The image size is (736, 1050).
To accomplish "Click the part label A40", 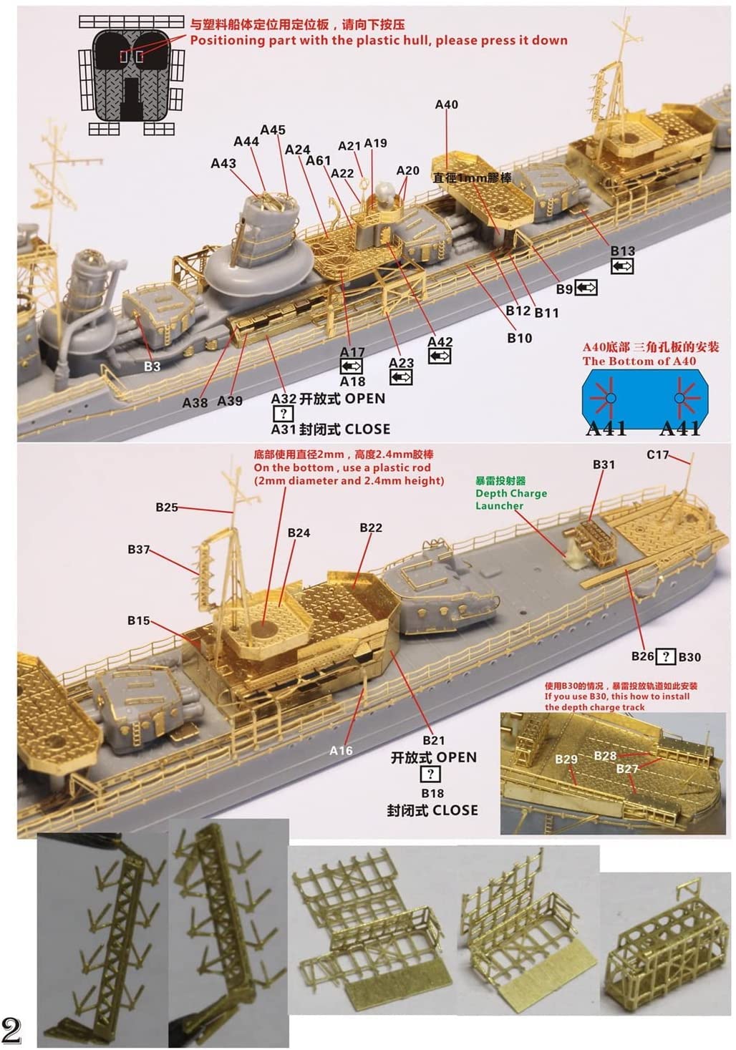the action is pos(446,104).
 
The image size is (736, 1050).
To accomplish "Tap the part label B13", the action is pos(622,251).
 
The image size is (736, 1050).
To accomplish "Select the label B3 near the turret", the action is pos(152,366).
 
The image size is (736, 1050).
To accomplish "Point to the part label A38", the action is pos(195,402).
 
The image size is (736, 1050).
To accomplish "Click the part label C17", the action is pos(657,454).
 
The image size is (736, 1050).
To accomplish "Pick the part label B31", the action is pos(604,465).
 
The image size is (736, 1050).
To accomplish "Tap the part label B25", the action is pos(167,507).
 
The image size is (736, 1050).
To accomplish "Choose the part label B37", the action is pos(139,550).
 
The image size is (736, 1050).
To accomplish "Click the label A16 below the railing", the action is pos(341,750).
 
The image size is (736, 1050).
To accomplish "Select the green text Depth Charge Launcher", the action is pos(510,493).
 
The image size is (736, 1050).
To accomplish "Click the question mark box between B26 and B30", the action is pos(666,656).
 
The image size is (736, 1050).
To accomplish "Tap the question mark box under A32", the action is pos(283,414).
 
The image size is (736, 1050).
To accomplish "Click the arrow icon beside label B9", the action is pos(586,288).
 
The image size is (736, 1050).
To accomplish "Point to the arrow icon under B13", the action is pos(622,266).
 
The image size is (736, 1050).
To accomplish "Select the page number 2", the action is pos(12,1030).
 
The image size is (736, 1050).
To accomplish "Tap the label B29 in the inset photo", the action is pos(566,759).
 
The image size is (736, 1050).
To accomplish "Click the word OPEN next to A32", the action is pos(365,399).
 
